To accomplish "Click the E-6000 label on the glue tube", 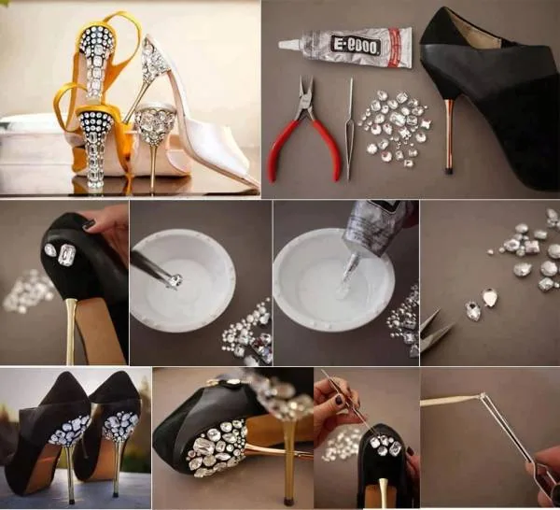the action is [x=356, y=46].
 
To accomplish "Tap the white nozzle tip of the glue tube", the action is [x=287, y=44].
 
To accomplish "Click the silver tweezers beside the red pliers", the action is [x=350, y=129].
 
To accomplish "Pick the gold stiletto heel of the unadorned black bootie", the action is [x=449, y=136].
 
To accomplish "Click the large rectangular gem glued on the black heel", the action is [x=67, y=255].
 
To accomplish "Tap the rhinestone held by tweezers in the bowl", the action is [x=175, y=280].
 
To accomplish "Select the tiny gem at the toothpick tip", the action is [x=483, y=396].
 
